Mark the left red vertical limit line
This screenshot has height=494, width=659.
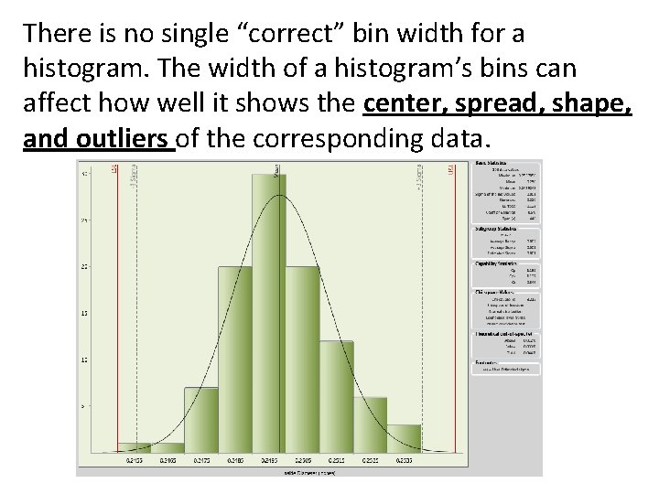(116, 311)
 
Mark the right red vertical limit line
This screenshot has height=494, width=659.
(454, 311)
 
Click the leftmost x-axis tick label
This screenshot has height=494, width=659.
(135, 460)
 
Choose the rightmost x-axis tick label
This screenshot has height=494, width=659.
(404, 460)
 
